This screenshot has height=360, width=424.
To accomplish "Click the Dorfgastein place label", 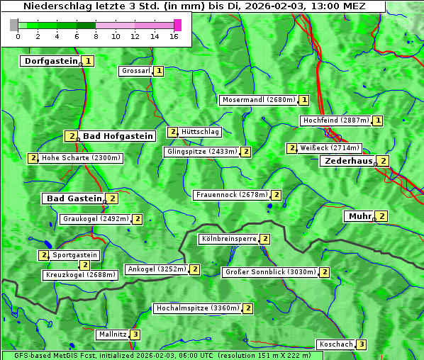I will (x=50, y=61).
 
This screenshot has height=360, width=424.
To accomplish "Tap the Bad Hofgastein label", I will (x=117, y=136).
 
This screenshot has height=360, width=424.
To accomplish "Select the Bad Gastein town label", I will (x=74, y=198).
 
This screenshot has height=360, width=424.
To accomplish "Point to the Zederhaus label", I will (x=348, y=161).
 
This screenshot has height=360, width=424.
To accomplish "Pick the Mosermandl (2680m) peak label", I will (x=258, y=100).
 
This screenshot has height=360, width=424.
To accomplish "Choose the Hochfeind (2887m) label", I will (x=335, y=120).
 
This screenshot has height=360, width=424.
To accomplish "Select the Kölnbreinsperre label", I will (x=228, y=239).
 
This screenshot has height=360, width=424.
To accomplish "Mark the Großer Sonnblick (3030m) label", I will (x=269, y=271).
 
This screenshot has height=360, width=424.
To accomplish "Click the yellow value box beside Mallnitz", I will (x=135, y=334).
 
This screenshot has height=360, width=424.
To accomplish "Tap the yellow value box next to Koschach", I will (x=362, y=344).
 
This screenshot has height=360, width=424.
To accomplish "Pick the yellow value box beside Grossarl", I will (x=159, y=71).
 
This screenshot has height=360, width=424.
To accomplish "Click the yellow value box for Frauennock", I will (x=277, y=195).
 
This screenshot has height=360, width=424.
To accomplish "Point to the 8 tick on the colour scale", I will (x=96, y=35).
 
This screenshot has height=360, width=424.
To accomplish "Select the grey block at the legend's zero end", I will (x=14, y=25).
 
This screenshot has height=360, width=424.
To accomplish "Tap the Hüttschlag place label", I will (x=201, y=132).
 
